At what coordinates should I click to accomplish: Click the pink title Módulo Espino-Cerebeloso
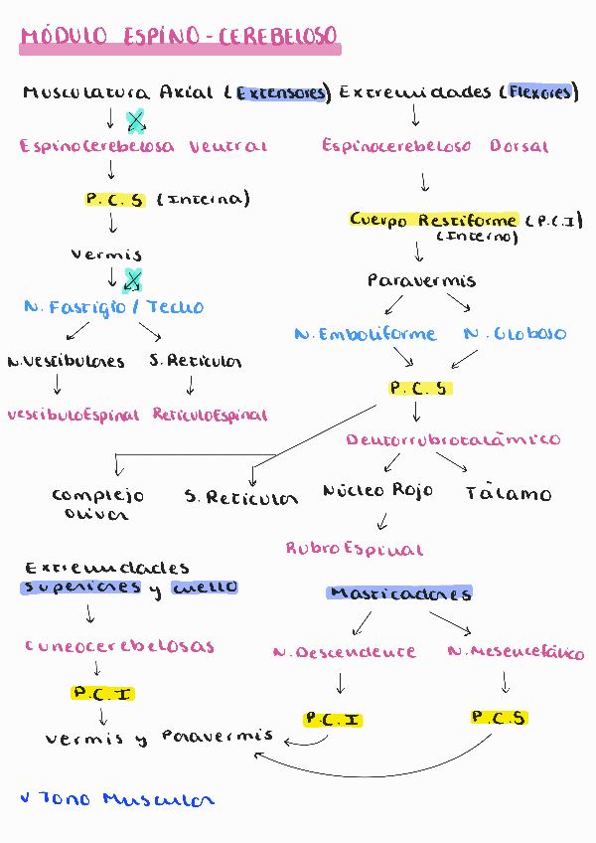point(180,38)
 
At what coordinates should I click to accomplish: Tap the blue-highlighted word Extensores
point(283,93)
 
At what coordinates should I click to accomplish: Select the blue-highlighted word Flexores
point(540,92)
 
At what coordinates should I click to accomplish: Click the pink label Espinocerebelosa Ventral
point(143,146)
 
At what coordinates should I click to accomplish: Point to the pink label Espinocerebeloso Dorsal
point(434,146)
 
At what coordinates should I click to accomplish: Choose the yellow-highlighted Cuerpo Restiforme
point(433,220)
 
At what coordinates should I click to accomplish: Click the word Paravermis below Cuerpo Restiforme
point(421,281)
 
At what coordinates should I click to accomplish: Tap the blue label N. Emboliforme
point(365,335)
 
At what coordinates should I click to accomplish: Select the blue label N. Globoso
point(515,334)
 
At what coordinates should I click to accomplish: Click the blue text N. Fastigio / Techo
point(113,307)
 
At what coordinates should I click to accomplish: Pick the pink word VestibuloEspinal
point(73,415)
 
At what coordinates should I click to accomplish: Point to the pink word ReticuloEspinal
point(210,415)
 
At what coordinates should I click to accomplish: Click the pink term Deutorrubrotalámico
point(452,439)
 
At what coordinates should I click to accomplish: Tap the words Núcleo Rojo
point(377,491)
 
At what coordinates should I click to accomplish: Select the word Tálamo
point(508,493)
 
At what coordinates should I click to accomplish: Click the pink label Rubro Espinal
point(354,549)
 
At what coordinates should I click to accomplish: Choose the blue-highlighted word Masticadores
point(399,593)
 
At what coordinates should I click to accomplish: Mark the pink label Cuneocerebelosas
point(119,646)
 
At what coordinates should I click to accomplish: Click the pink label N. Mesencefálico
point(515,653)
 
